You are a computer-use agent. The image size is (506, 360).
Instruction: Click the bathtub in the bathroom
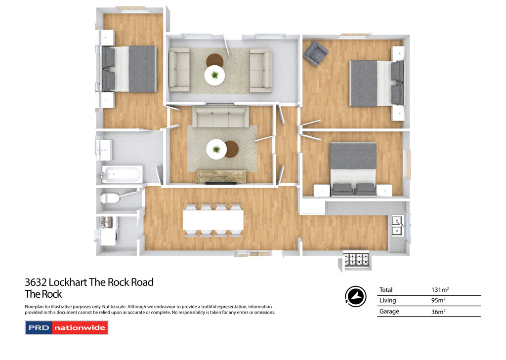[122, 174]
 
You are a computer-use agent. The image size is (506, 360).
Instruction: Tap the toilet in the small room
[110, 199]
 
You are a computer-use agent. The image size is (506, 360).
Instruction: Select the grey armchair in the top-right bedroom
[316, 53]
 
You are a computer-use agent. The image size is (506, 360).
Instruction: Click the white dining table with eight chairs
[213, 221]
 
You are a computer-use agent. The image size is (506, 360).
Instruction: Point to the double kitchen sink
[398, 225]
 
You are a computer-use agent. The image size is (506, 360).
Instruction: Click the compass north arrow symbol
[355, 295]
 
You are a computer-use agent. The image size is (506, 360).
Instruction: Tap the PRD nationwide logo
[66, 328]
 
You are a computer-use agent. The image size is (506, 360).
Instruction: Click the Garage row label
[389, 312]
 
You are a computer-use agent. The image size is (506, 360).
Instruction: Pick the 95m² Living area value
[438, 301]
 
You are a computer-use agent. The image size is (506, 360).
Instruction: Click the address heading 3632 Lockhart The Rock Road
[89, 282]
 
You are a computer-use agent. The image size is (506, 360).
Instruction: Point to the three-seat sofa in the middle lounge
[220, 118]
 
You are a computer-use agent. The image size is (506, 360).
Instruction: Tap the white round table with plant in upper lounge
[214, 76]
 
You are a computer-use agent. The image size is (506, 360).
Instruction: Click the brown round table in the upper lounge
[215, 60]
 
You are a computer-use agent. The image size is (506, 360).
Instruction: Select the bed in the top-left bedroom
[129, 69]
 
